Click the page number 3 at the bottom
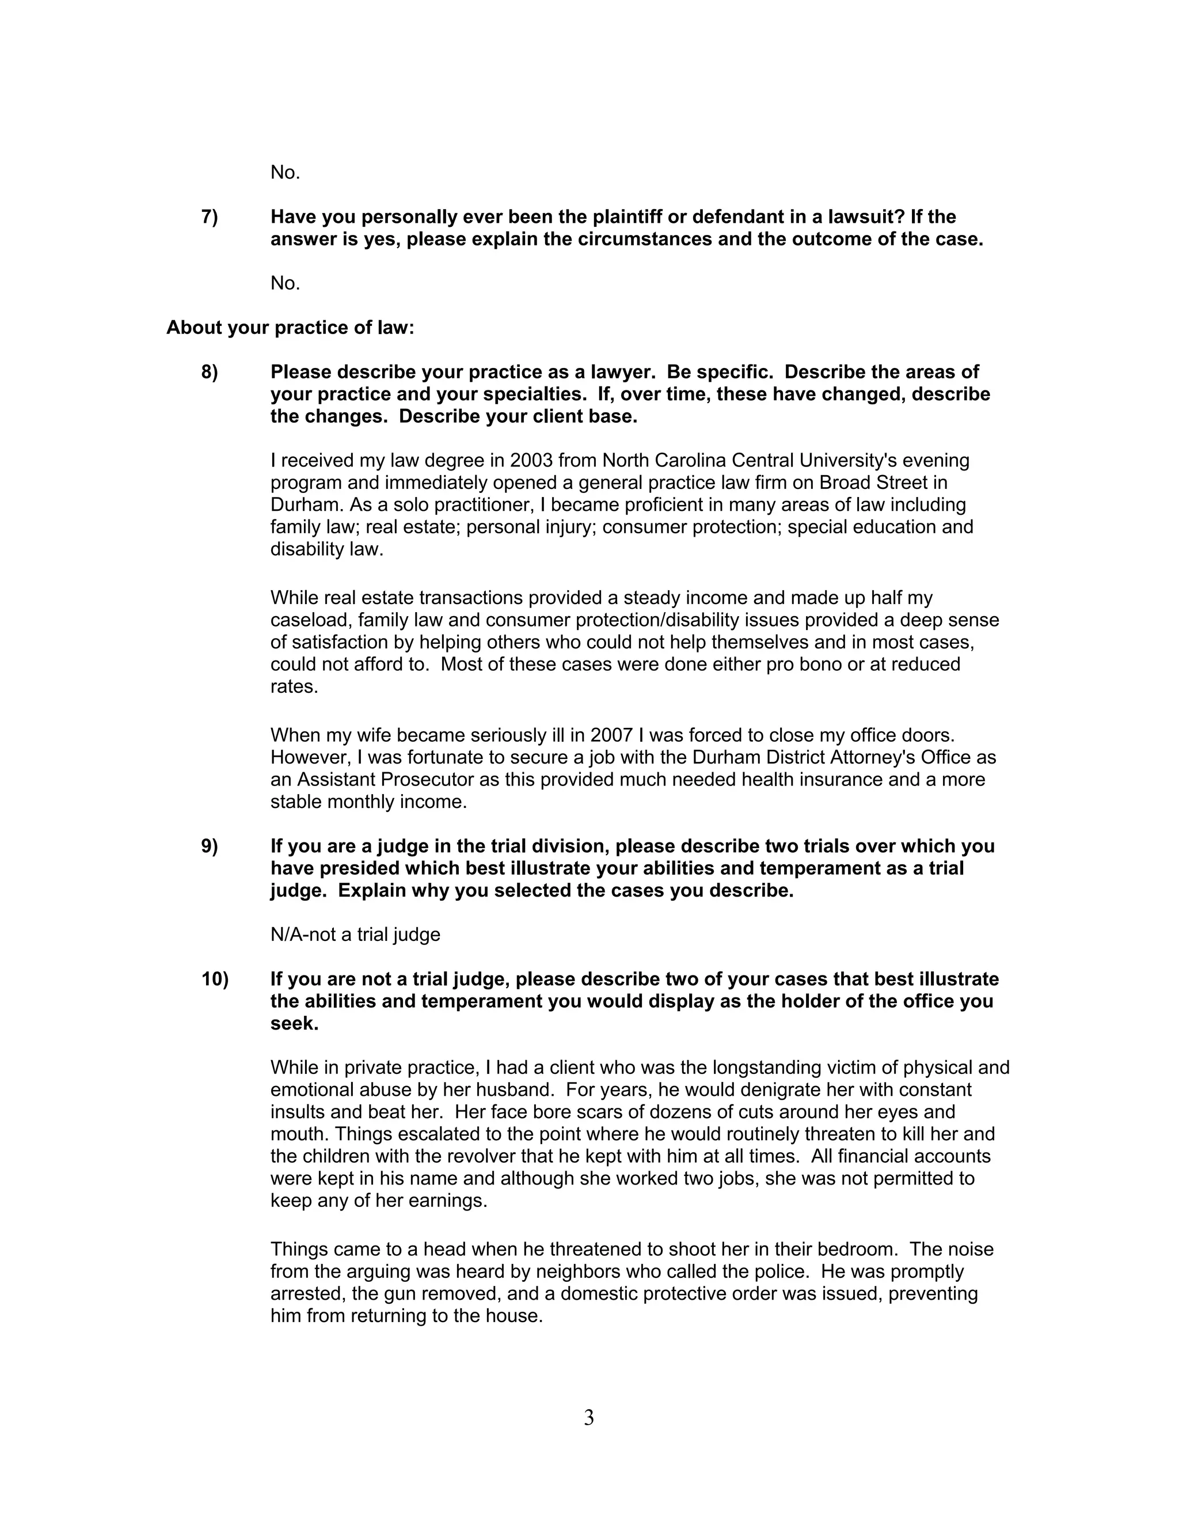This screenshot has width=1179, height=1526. coord(589,1418)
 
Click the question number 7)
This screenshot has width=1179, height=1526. coord(210,217)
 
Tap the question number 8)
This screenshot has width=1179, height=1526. coord(210,373)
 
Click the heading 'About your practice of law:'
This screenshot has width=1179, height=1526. coord(290,328)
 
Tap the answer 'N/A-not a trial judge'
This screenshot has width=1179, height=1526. coord(355,935)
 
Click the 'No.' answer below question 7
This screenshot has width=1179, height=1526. coord(285,284)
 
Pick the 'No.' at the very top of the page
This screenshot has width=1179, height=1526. coord(285,173)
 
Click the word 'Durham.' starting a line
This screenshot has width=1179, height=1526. coord(305,504)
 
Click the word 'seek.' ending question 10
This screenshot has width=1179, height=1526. coord(294,1024)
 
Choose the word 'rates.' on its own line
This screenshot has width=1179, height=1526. coord(294,686)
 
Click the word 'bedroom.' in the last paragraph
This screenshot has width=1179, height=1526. coord(858,1250)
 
